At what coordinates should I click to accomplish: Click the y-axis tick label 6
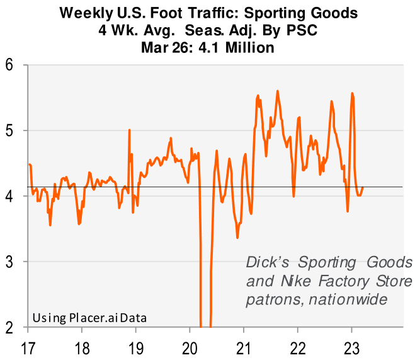click(11, 65)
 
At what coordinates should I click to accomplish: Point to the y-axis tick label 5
click(11, 131)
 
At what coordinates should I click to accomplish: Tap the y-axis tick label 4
click(11, 196)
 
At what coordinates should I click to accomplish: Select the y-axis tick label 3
click(11, 262)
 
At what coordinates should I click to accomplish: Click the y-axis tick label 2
click(11, 327)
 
